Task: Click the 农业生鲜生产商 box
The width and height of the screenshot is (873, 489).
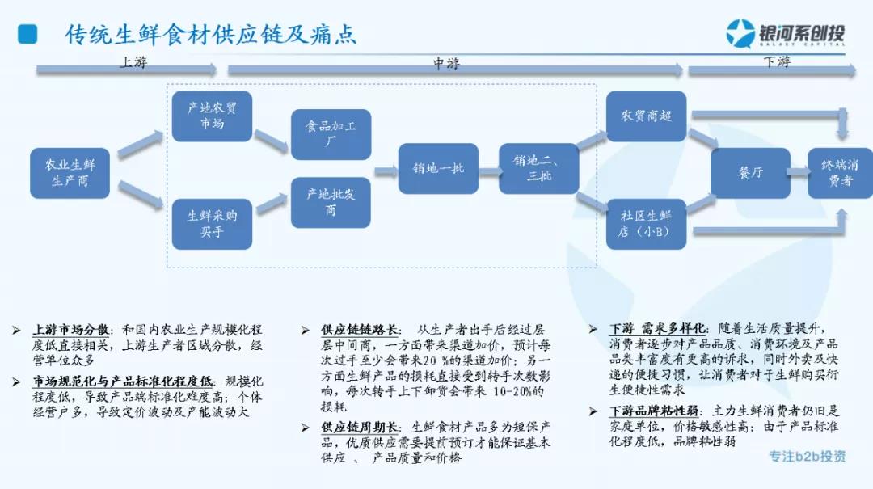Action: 70,173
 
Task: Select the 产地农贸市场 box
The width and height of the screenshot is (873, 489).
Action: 212,116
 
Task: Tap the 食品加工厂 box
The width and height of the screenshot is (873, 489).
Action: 331,134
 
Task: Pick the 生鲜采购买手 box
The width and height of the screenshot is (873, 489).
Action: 212,224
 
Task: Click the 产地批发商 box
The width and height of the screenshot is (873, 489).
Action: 331,202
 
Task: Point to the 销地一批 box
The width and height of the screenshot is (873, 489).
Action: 438,168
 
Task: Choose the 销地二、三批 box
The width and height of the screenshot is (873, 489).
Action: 538,168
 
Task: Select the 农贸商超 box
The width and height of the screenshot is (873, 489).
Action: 646,116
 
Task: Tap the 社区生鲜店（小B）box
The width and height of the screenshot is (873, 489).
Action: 646,224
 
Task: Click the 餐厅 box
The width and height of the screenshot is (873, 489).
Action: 750,173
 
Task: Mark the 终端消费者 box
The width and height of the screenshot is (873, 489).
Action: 840,173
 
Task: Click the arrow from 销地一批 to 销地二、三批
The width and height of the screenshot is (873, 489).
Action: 488,171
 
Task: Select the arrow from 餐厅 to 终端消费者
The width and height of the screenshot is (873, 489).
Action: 799,171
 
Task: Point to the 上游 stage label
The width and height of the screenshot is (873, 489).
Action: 134,62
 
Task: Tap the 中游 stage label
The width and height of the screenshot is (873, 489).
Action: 445,63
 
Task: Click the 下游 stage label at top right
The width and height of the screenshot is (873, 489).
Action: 776,62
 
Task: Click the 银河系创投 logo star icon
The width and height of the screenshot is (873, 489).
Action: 740,34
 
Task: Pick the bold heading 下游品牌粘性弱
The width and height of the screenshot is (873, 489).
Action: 654,411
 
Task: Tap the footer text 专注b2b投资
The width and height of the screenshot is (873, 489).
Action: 808,456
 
